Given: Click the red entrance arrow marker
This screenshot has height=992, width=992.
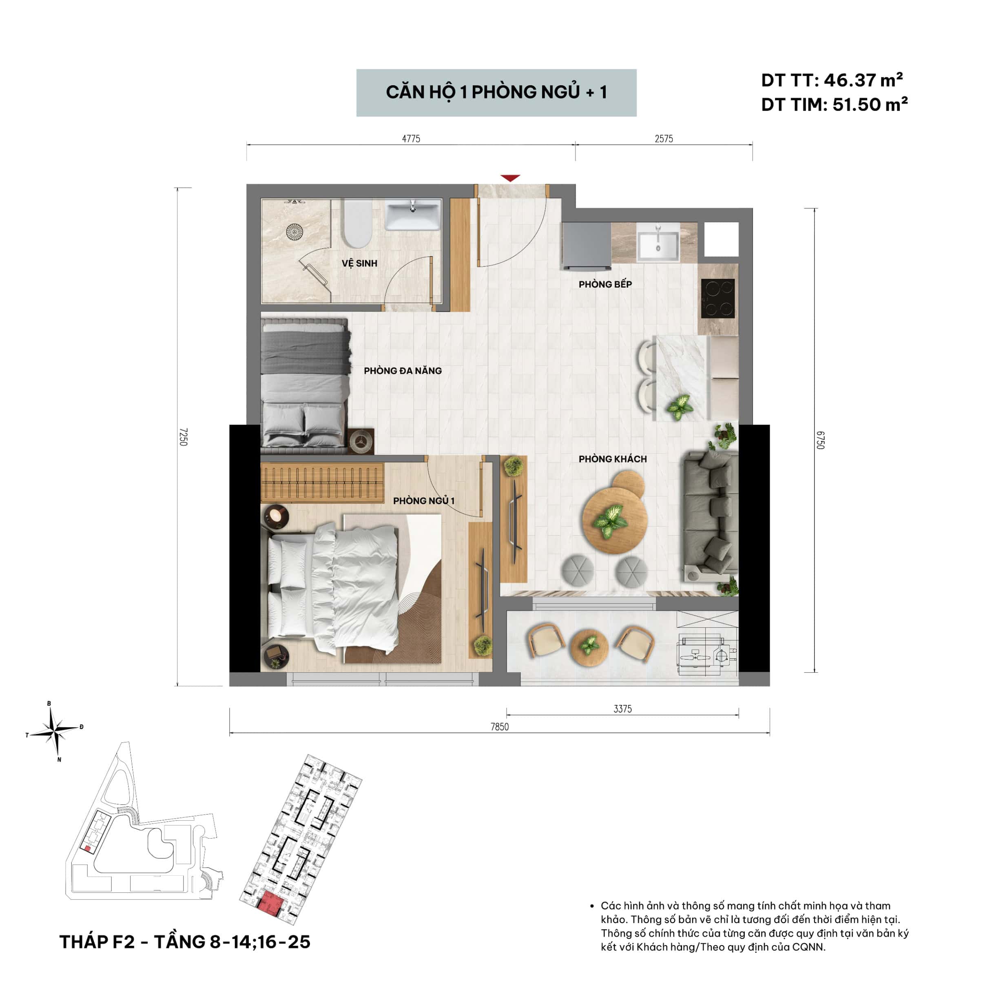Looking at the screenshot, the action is (x=510, y=178).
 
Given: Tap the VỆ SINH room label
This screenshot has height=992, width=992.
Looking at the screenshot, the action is (x=359, y=263).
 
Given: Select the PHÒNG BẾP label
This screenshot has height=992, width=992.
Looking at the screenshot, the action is (x=605, y=284).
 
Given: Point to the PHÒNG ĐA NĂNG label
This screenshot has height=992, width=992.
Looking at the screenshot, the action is (x=403, y=370).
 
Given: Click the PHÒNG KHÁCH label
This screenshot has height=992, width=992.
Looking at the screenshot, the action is (x=613, y=458).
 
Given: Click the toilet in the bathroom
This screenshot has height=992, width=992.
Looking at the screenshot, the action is (x=357, y=224).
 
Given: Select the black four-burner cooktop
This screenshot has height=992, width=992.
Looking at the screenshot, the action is (x=718, y=298).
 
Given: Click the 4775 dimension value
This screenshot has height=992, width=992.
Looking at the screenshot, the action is (x=411, y=139).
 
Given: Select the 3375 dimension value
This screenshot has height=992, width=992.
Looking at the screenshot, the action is (x=622, y=709).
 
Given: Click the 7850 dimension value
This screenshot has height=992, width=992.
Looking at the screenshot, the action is (x=499, y=726).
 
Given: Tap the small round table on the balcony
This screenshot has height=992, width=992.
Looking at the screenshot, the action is (x=589, y=645).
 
